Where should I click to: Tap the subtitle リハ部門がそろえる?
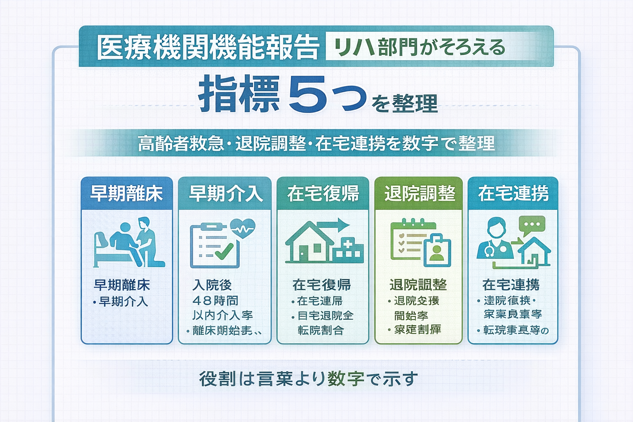click(x=419, y=47)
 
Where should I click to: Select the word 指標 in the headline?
click(x=239, y=95)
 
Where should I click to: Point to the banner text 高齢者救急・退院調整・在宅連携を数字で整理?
click(x=316, y=143)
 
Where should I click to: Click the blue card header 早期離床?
click(x=127, y=193)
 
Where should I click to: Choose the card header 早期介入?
click(x=225, y=193)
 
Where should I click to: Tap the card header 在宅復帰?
click(x=323, y=193)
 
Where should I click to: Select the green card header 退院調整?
click(x=419, y=193)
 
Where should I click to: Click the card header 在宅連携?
click(x=513, y=193)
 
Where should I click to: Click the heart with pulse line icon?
click(x=243, y=228)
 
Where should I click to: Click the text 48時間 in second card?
click(x=215, y=300)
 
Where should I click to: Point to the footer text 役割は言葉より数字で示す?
click(x=308, y=379)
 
